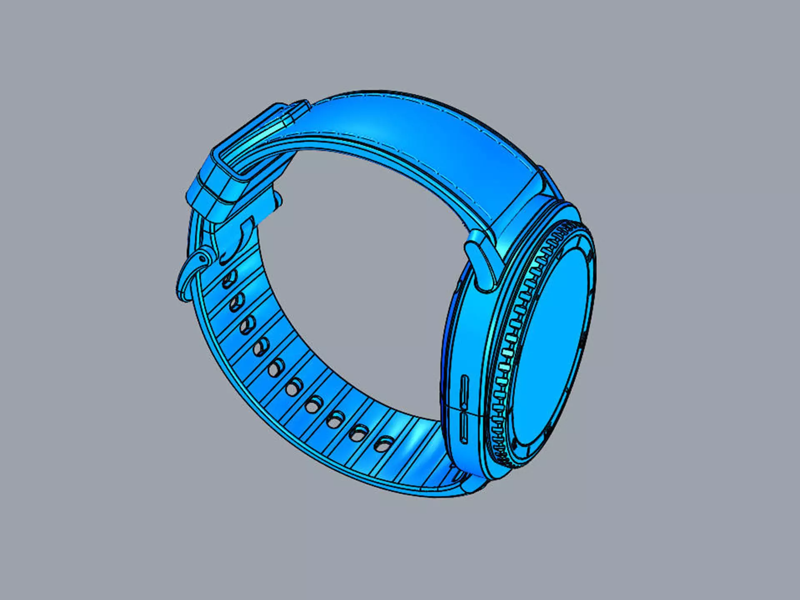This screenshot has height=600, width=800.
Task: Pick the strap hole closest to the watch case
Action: click(x=383, y=445)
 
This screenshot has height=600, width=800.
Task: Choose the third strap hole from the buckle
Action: click(x=248, y=325)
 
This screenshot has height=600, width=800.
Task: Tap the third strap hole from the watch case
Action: click(x=335, y=420)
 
